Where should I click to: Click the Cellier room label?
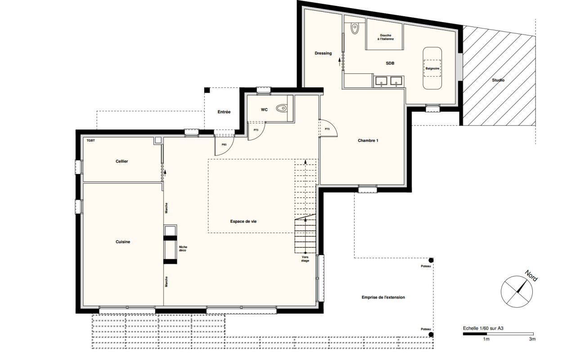(121, 162)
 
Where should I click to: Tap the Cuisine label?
(123, 242)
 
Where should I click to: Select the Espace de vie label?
(243, 221)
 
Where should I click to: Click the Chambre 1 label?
(368, 140)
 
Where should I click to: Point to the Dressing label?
(323, 53)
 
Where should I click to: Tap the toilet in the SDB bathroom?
(355, 29)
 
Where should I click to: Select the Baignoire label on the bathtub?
(432, 68)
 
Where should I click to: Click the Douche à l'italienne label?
(386, 37)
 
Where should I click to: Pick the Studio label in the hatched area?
(498, 80)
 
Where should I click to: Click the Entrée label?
(224, 112)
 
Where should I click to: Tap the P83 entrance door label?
(224, 144)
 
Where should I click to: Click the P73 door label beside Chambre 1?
(327, 129)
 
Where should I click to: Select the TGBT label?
(90, 140)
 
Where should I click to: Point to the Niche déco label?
(183, 249)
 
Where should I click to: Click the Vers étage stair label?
(305, 259)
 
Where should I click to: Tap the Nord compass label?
(531, 276)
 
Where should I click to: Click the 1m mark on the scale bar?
(486, 339)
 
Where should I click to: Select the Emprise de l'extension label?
(383, 297)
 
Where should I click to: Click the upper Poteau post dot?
(431, 260)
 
